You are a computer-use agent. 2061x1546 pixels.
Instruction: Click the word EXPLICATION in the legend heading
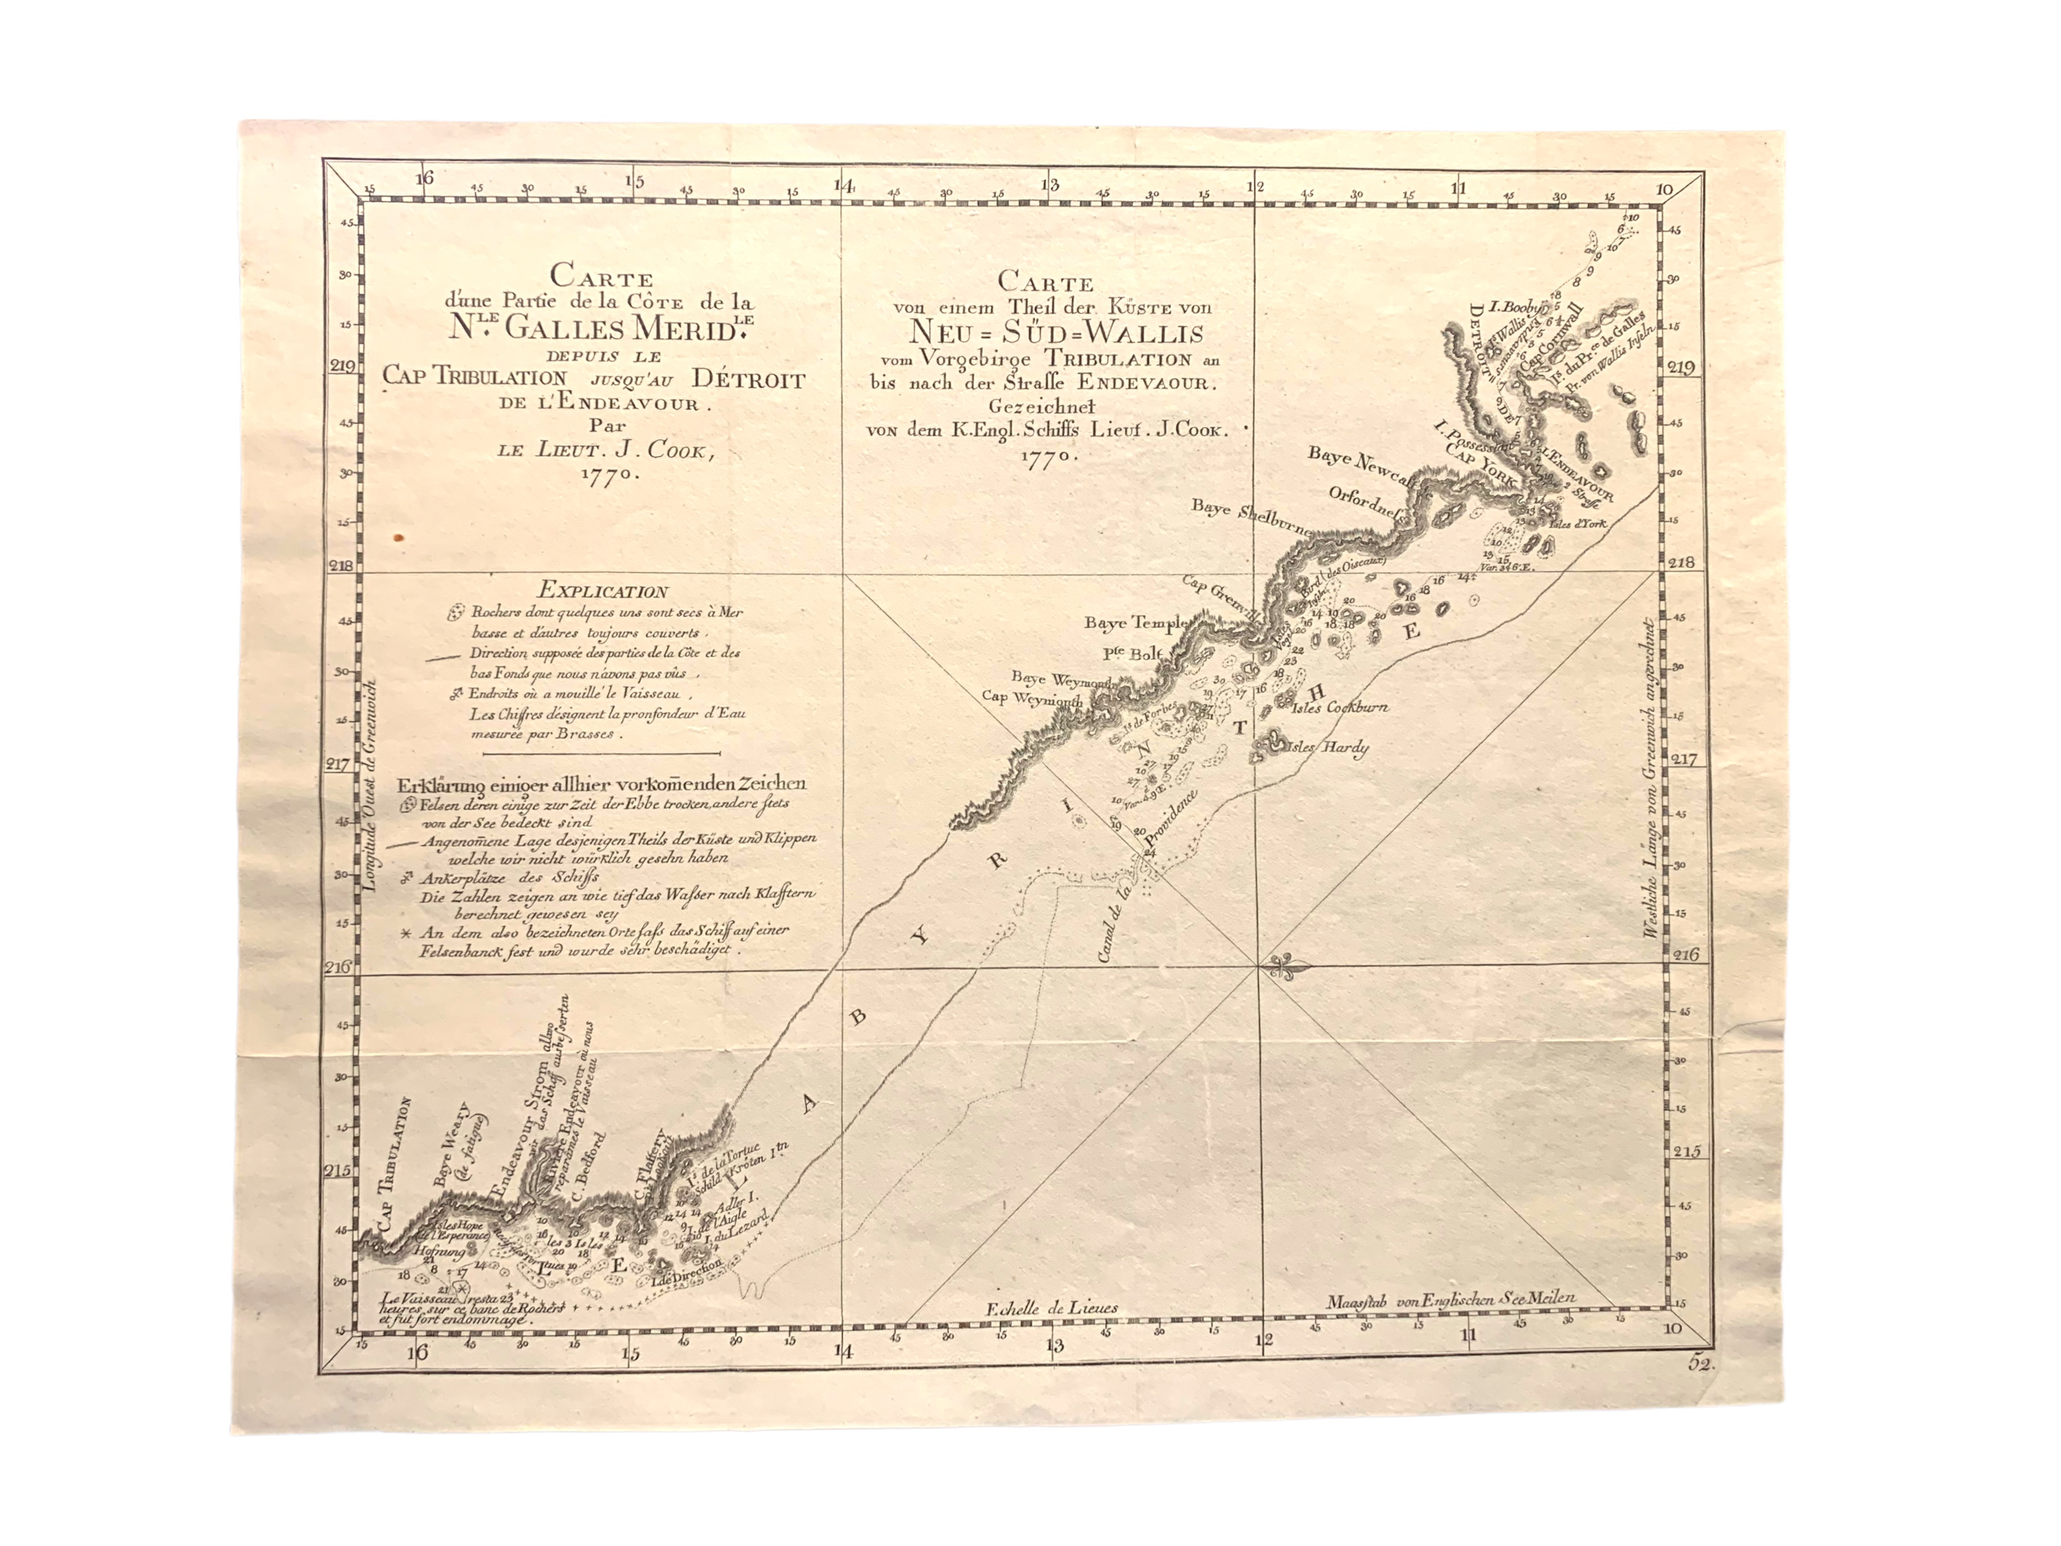pos(603,591)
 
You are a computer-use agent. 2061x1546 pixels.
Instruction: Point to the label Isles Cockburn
pos(1341,707)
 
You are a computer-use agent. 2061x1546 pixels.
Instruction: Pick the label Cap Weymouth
pos(1032,697)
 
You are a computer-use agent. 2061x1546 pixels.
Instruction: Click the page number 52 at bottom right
pos(1701,1363)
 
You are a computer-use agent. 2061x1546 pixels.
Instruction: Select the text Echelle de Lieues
pos(1052,1309)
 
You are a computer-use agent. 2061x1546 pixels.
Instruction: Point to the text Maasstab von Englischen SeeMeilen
pos(1451,1298)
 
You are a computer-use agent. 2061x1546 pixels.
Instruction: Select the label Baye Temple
pos(1134,623)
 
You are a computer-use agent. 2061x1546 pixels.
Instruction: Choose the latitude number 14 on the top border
pos(843,184)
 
